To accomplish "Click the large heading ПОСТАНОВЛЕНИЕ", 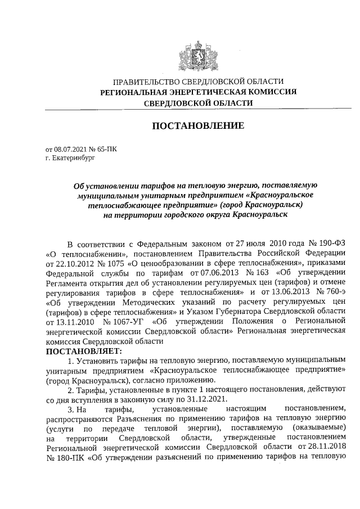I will point(199,125).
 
